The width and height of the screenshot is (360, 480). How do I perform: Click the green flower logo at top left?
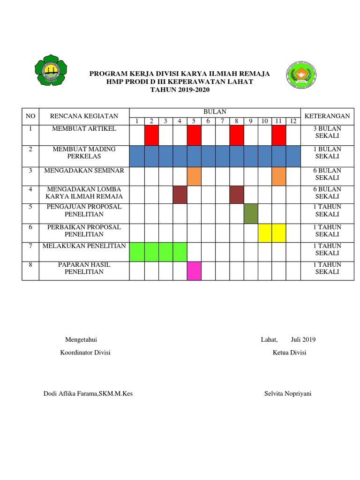tap(51, 70)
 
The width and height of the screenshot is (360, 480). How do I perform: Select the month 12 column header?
tap(293, 121)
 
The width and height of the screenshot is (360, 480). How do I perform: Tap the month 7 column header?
tap(223, 121)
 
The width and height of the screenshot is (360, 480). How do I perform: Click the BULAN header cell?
tap(214, 112)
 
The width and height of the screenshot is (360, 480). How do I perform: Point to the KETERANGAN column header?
tap(327, 116)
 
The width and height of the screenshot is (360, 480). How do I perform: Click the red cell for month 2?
tap(151, 135)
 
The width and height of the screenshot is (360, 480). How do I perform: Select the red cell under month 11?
tap(279, 135)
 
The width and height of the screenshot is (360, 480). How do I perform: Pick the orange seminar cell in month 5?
tap(194, 176)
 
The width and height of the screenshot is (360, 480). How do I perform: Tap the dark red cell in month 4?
tap(180, 195)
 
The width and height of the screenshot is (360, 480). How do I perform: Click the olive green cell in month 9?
tap(251, 213)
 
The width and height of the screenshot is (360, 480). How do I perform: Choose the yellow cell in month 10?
tap(265, 233)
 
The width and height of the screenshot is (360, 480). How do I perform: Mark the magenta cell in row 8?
tap(194, 271)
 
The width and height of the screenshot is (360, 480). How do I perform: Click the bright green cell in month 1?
tap(137, 252)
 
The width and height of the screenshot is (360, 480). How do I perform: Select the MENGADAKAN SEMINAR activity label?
tap(84, 171)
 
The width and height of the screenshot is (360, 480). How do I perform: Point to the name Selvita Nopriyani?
tap(288, 393)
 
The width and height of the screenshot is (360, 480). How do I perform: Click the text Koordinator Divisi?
tap(85, 352)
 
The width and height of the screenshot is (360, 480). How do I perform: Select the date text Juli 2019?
tap(303, 340)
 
